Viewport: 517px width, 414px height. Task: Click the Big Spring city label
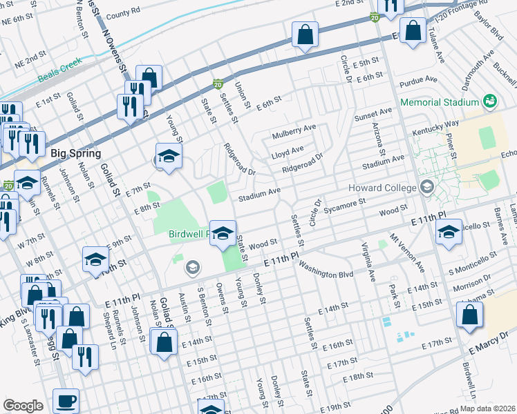[75, 153]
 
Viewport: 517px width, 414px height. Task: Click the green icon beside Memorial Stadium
[490, 101]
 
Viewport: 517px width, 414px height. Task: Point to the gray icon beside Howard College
[426, 187]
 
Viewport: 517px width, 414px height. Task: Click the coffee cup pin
[66, 401]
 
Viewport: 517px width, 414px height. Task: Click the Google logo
[23, 406]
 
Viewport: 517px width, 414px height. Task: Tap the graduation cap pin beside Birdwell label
[223, 233]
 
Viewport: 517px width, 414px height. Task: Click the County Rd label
[123, 12]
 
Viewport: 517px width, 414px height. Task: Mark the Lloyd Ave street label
[287, 149]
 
